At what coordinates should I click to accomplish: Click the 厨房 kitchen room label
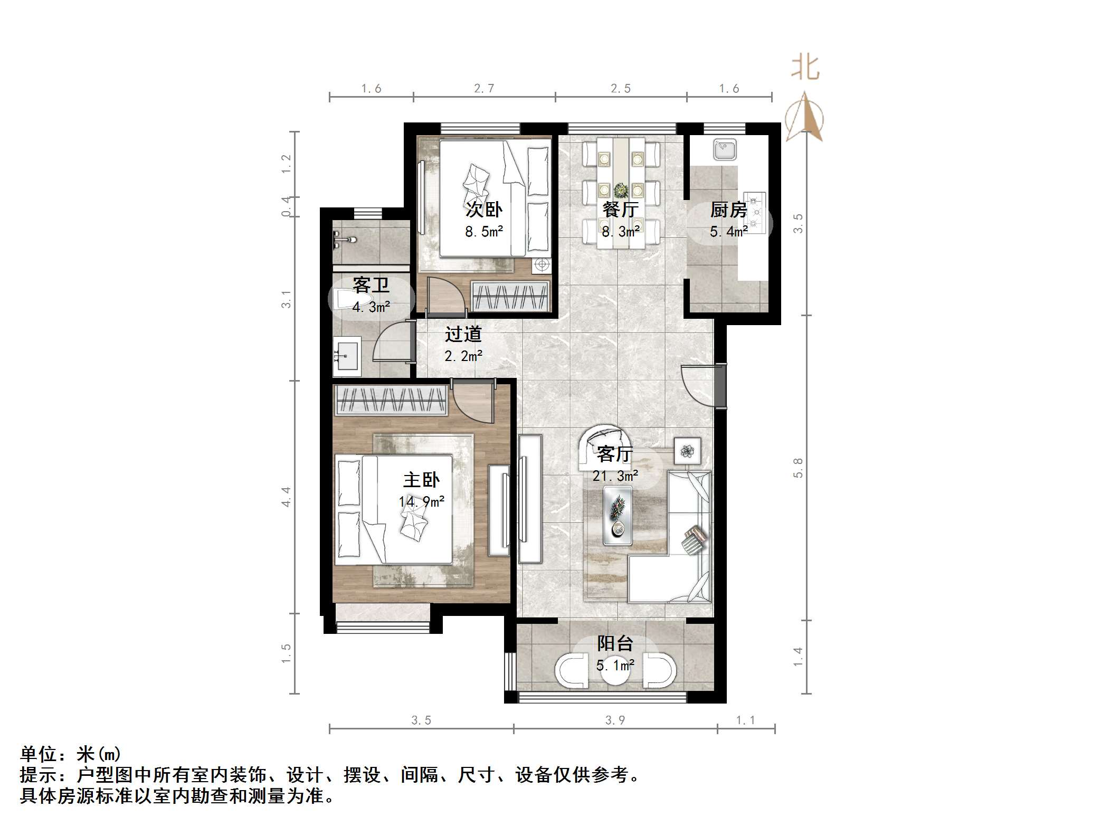(728, 210)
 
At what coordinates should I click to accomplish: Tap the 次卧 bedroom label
(483, 210)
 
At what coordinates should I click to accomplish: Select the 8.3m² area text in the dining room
(621, 231)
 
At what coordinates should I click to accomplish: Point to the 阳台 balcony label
(615, 643)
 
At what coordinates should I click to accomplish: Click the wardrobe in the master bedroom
(391, 400)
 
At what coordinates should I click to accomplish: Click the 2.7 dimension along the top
(484, 89)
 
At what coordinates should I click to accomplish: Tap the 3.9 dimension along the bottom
(615, 720)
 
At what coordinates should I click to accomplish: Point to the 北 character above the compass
(805, 68)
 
